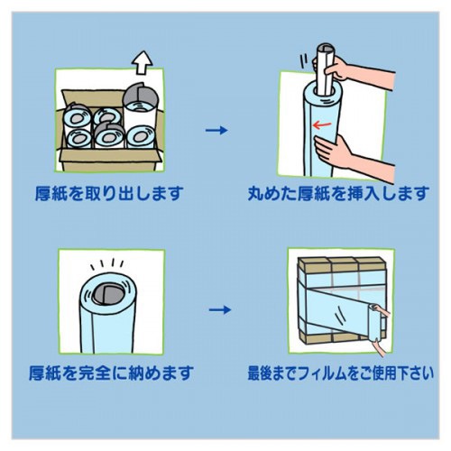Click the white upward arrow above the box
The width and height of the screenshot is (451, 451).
143,62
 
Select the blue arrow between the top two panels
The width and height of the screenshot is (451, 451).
216,130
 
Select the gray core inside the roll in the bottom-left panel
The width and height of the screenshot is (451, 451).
107,295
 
